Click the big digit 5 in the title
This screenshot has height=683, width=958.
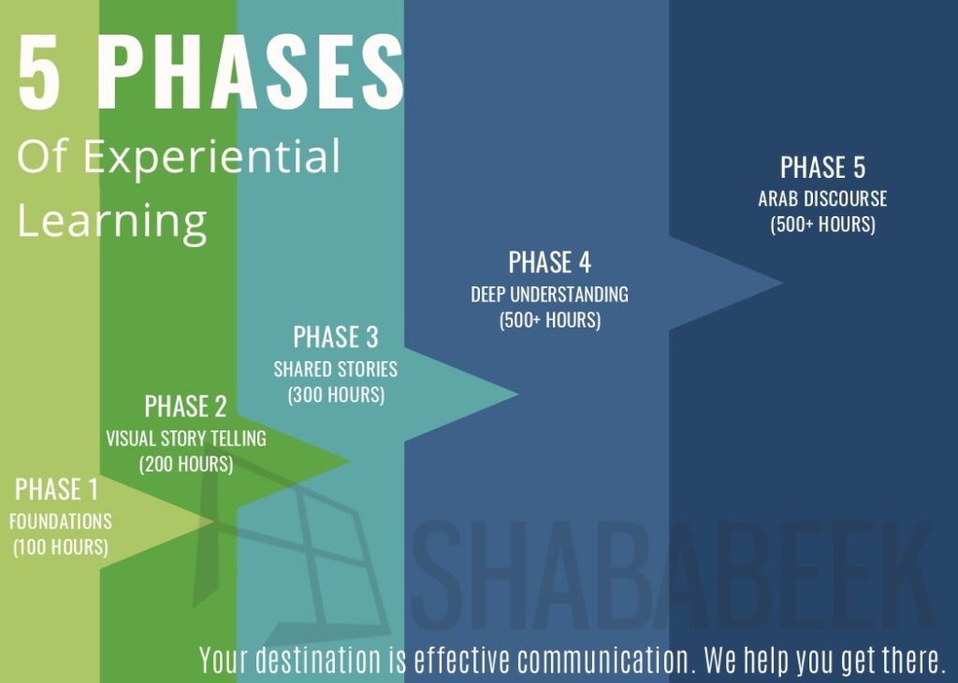(39, 72)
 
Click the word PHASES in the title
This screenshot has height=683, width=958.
(250, 72)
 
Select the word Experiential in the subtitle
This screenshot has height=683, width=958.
(211, 157)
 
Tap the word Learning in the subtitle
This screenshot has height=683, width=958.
(112, 221)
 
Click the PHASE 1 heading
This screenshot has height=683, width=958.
(56, 489)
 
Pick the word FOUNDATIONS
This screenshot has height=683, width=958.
(61, 521)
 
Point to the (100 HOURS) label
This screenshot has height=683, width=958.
(61, 546)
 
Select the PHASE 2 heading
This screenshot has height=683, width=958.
(186, 406)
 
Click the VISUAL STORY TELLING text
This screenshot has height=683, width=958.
(186, 438)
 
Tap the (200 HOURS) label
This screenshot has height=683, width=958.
(186, 464)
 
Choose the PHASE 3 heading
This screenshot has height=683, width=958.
(336, 337)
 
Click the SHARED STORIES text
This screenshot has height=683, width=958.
(336, 369)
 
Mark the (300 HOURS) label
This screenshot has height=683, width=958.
(336, 395)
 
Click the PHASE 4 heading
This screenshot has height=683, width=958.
(550, 263)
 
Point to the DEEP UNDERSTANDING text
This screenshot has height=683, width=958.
(549, 295)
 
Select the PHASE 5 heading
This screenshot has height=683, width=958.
(823, 167)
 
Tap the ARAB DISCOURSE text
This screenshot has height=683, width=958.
(823, 199)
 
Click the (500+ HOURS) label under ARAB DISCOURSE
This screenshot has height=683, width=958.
(823, 225)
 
